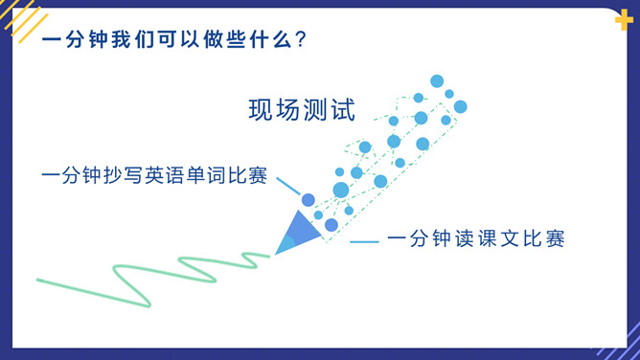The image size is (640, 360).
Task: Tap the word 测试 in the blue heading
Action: [x=329, y=110]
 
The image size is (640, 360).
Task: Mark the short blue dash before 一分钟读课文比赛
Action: [x=364, y=241]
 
